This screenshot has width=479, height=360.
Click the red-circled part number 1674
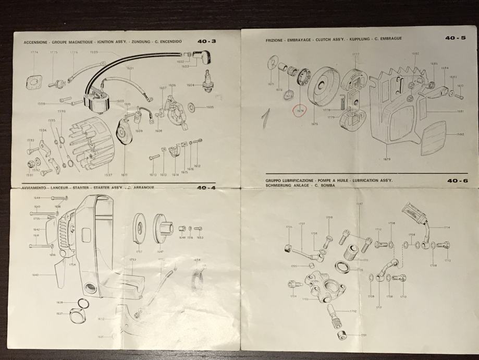pos(300,111)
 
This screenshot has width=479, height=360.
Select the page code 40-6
pos(453,181)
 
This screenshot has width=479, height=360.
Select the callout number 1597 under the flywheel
pos(108,175)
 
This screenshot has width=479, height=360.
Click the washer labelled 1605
pos(192,107)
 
